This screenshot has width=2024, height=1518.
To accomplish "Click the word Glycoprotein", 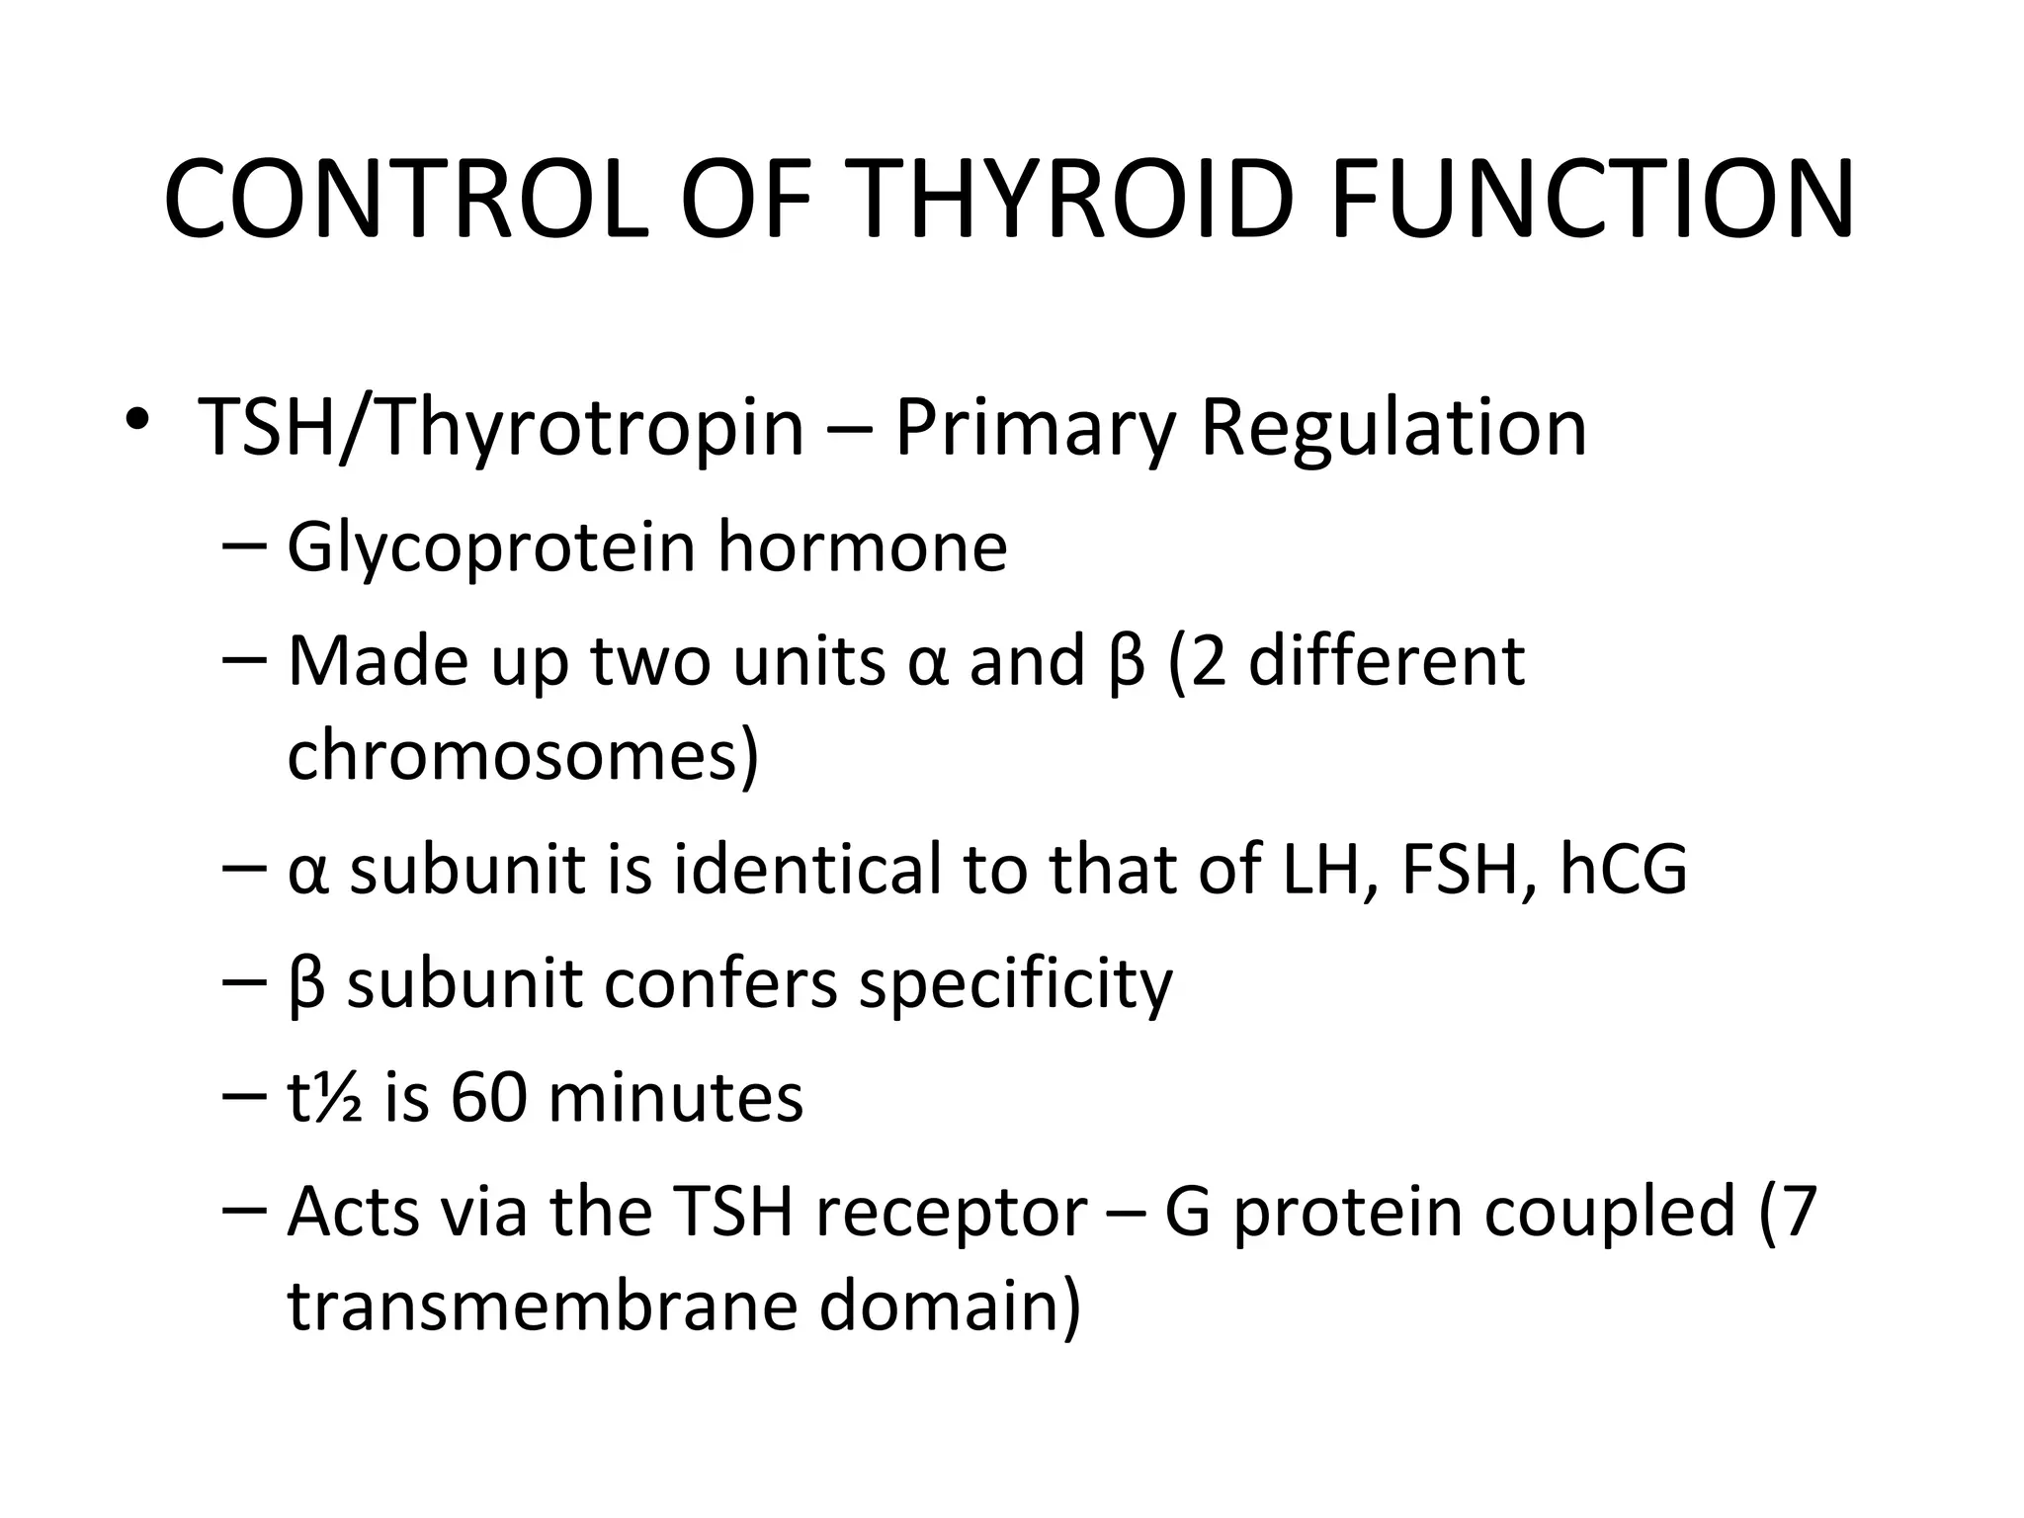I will pyautogui.click(x=490, y=548).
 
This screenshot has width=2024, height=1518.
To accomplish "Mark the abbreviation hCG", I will pyautogui.click(x=1623, y=870).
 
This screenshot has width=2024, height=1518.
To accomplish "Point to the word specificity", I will pyautogui.click(x=1016, y=985).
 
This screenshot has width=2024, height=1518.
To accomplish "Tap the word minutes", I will pyautogui.click(x=675, y=1098).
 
